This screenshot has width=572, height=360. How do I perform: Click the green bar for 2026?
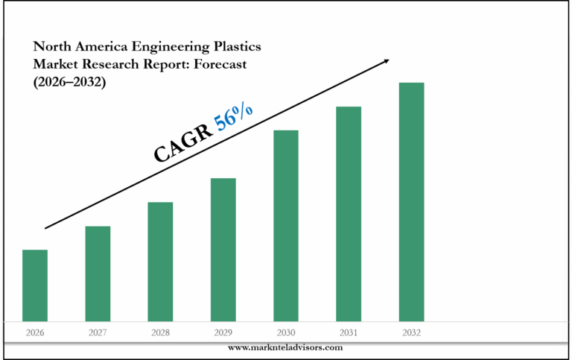35,285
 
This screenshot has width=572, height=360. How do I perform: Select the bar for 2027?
98,274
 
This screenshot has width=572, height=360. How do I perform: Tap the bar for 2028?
160,262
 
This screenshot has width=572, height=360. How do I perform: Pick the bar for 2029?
223,250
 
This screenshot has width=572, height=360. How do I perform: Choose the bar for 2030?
286,226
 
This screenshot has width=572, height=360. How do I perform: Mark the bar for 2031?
349,214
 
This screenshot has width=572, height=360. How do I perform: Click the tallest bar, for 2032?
411,202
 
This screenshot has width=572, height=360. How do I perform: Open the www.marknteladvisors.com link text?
285,347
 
